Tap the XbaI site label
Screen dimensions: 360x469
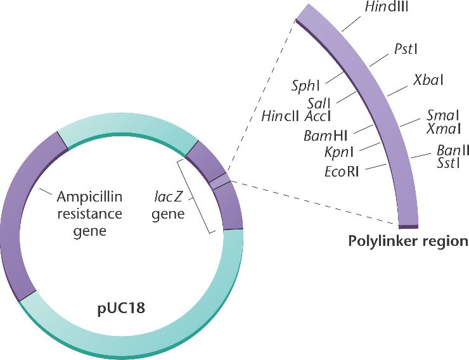pos(428,80)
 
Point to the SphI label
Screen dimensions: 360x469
pos(305,85)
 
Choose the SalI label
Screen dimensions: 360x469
pos(319,103)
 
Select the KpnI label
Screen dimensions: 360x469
pos(338,152)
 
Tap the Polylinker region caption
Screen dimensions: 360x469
pos(408,241)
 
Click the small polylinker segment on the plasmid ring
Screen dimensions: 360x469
pos(219,183)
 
